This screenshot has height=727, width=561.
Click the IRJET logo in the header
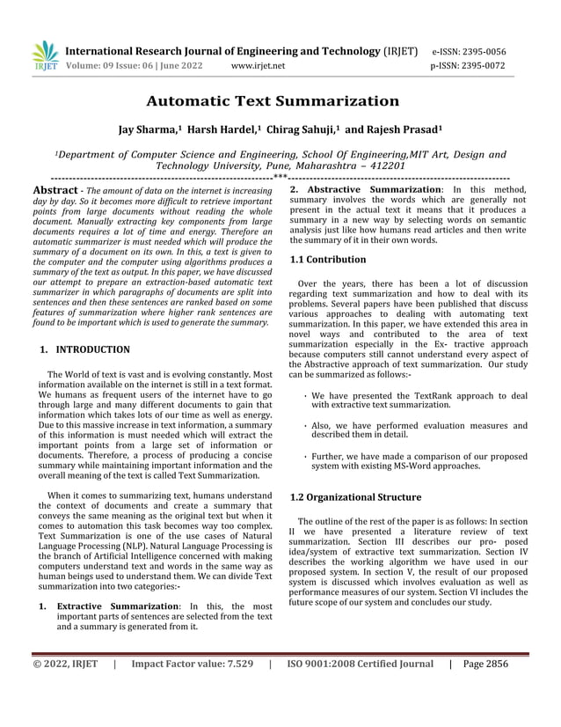click(x=45, y=56)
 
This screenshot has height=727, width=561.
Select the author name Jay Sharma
click(x=149, y=130)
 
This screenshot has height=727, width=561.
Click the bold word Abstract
click(x=55, y=190)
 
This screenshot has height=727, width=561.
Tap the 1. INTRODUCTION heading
click(x=85, y=349)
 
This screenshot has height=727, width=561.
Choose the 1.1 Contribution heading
click(x=328, y=260)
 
